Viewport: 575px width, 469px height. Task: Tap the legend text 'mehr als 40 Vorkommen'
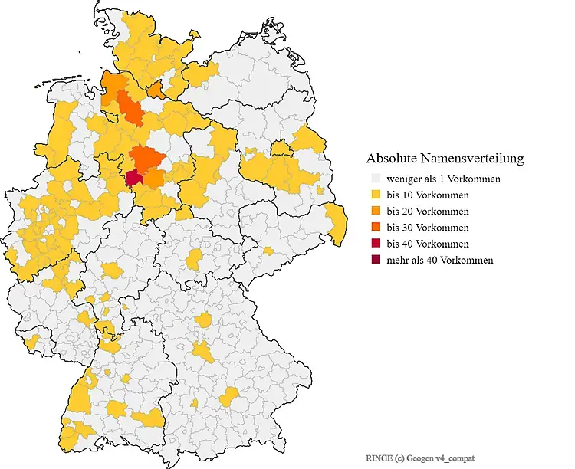coord(440,260)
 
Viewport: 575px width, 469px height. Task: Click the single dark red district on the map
coord(133,179)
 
